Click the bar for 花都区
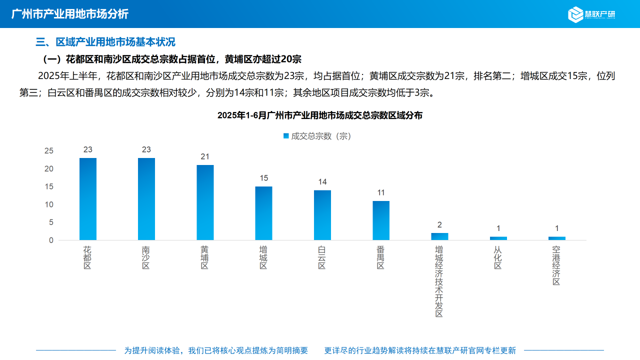pyautogui.click(x=88, y=199)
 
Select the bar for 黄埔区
pyautogui.click(x=205, y=202)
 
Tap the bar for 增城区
pyautogui.click(x=263, y=213)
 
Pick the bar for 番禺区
pyautogui.click(x=381, y=220)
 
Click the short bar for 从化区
pyautogui.click(x=498, y=238)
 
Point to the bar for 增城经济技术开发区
pyautogui.click(x=439, y=236)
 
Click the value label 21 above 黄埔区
pyautogui.click(x=205, y=156)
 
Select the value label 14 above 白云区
pyautogui.click(x=322, y=182)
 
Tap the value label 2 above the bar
pyautogui.click(x=439, y=225)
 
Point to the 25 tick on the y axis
pyautogui.click(x=48, y=151)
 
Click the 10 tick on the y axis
pyautogui.click(x=48, y=204)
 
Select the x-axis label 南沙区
pyautogui.click(x=146, y=257)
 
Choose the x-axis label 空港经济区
pyautogui.click(x=556, y=265)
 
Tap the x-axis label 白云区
pyautogui.click(x=322, y=257)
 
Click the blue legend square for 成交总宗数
pyautogui.click(x=286, y=135)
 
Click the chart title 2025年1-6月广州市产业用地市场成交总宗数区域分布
pyautogui.click(x=320, y=115)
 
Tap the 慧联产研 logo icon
pyautogui.click(x=576, y=14)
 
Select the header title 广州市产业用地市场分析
pyautogui.click(x=69, y=14)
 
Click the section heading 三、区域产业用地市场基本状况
pyautogui.click(x=105, y=42)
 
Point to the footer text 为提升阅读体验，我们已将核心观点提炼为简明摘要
pyautogui.click(x=216, y=350)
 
